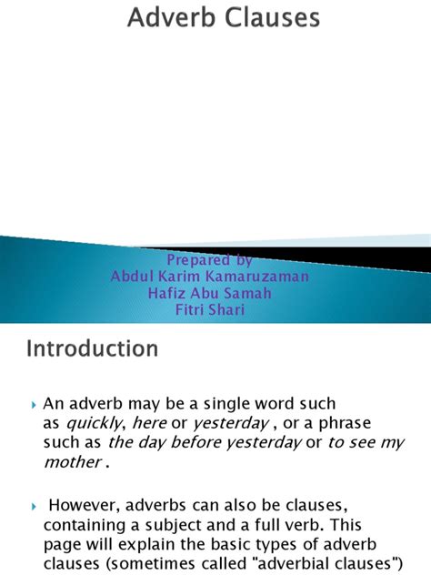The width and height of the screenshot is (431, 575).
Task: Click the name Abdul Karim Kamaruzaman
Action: coord(210,276)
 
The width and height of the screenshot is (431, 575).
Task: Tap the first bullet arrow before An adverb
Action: coord(34,403)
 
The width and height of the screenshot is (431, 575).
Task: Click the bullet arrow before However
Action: coord(34,505)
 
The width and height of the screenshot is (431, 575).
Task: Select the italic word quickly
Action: coord(95,422)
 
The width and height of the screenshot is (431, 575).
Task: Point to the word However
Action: coord(85,504)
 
